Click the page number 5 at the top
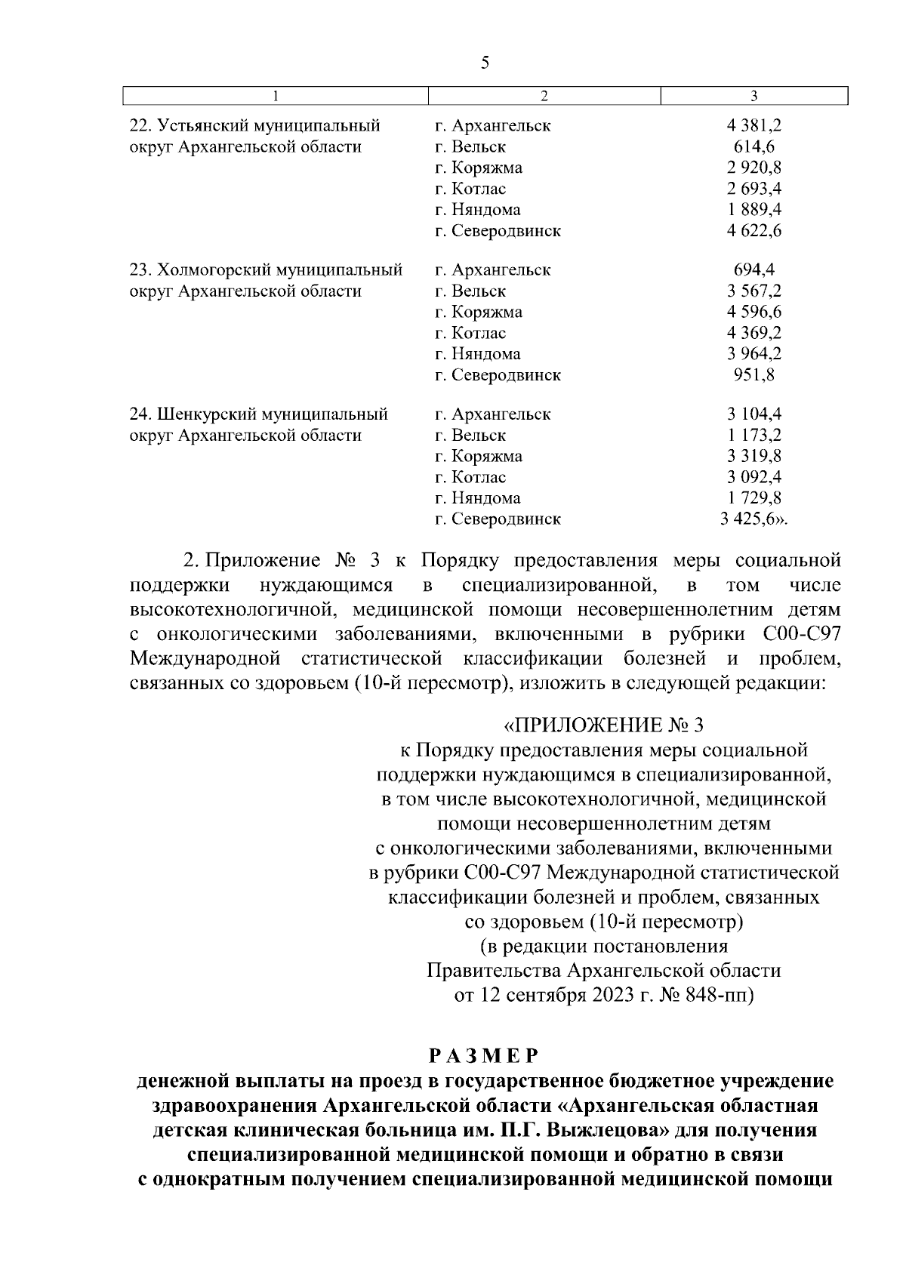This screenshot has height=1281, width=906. (x=485, y=63)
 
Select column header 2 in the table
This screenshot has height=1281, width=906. (x=544, y=96)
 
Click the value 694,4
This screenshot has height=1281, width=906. (x=754, y=270)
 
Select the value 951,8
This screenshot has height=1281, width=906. (x=754, y=375)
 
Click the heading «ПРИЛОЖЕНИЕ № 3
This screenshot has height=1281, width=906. (x=603, y=726)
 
